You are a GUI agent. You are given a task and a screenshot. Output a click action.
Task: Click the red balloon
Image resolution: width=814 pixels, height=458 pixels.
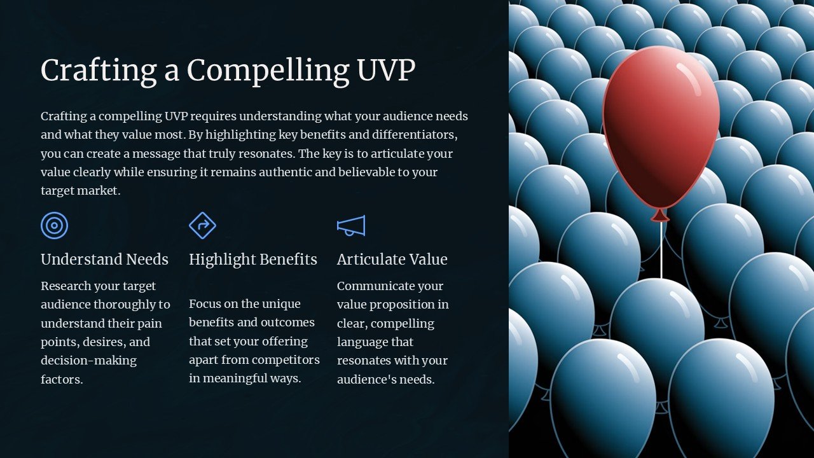(x=661, y=127)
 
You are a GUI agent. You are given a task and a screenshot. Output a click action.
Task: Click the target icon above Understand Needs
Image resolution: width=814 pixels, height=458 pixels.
(x=55, y=226)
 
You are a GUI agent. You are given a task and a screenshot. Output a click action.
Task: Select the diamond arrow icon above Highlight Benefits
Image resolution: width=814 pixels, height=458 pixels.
(x=203, y=226)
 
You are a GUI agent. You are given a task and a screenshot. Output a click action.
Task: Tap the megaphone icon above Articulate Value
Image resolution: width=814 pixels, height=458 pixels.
(x=351, y=226)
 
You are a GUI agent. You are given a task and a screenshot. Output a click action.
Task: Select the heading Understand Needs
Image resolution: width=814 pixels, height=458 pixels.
(x=104, y=260)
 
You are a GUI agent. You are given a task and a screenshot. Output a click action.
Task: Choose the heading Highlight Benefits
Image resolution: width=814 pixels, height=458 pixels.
(x=253, y=260)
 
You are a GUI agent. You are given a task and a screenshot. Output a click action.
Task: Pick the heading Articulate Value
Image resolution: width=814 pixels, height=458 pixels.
(x=392, y=260)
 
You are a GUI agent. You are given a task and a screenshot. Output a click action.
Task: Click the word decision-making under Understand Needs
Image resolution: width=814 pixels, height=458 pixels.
(x=88, y=361)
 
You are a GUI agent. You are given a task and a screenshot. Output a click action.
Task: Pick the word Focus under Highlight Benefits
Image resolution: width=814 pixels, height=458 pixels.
(x=205, y=304)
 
